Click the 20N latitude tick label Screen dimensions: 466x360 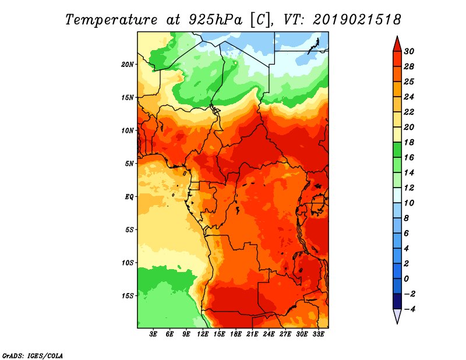point(127,65)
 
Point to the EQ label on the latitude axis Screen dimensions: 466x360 point(129,197)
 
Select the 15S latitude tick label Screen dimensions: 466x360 point(127,296)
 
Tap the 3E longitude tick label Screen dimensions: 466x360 point(153,334)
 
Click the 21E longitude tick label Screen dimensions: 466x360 point(252,334)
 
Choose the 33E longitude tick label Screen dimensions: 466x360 point(318,334)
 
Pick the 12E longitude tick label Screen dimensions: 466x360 point(203,334)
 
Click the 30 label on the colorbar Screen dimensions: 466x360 point(409,51)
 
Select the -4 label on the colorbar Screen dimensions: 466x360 point(409,309)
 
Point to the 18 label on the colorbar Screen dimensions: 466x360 point(409,142)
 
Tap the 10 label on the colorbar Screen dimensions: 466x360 point(409,203)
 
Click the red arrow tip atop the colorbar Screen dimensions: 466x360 point(397,36)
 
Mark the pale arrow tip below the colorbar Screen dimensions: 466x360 point(397,324)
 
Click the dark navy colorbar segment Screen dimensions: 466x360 point(397,301)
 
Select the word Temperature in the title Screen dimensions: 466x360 point(111,20)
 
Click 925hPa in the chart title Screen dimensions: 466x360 point(216,20)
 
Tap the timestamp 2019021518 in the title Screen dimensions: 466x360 point(356,20)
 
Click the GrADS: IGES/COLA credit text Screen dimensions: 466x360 point(33,356)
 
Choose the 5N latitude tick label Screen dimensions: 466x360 point(129,164)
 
